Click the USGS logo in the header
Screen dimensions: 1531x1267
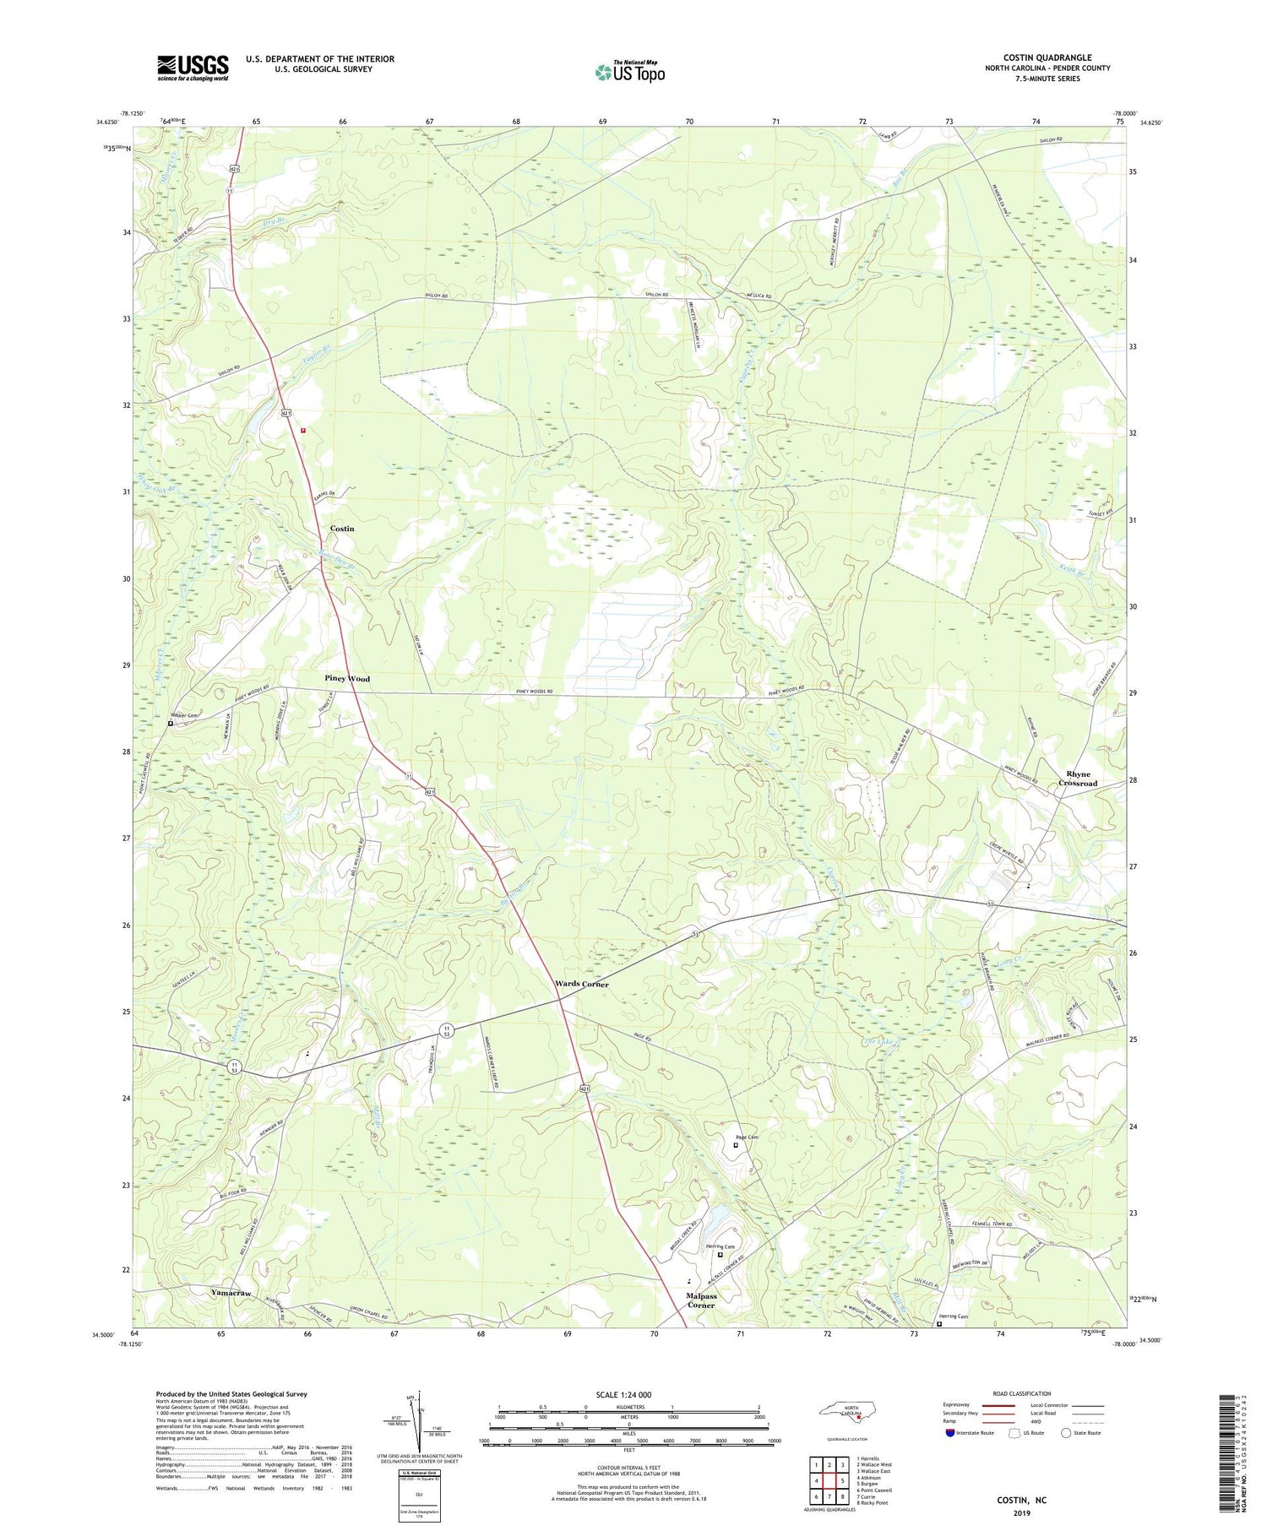[x=193, y=68]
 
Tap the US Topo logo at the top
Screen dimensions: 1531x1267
[x=630, y=72]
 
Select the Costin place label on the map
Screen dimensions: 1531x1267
[x=342, y=529]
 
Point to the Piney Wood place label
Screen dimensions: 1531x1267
[x=347, y=678]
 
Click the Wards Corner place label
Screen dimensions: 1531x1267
[x=581, y=985]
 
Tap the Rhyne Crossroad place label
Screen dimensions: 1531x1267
[x=1078, y=779]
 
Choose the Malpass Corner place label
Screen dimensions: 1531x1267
[x=700, y=1300]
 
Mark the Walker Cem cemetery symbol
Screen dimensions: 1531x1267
[x=171, y=724]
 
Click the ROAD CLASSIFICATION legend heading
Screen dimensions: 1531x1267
[x=1022, y=1393]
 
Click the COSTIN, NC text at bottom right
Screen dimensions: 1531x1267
[x=1021, y=1500]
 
